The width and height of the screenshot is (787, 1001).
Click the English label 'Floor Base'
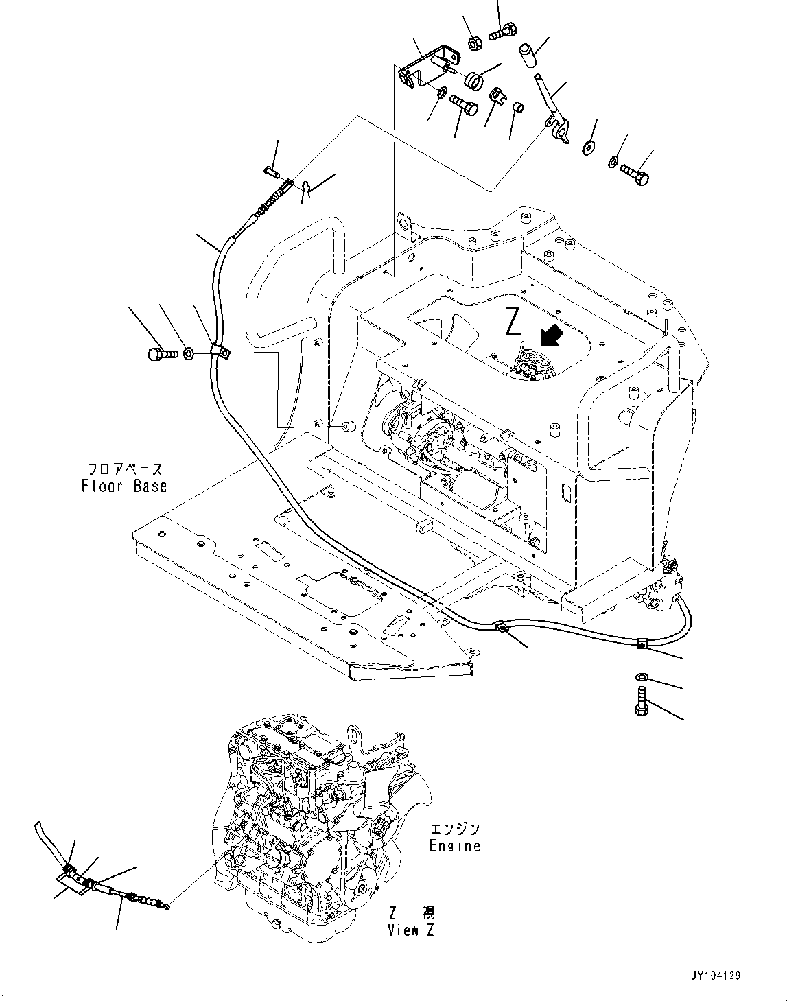(x=124, y=486)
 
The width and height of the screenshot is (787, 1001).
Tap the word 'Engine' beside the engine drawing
(x=454, y=845)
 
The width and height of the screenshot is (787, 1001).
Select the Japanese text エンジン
(x=454, y=829)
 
